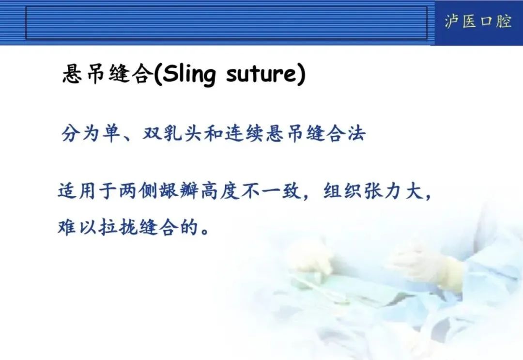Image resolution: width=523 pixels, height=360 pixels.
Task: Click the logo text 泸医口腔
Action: click(477, 22)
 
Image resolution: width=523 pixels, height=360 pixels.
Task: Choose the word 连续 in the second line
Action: click(245, 133)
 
